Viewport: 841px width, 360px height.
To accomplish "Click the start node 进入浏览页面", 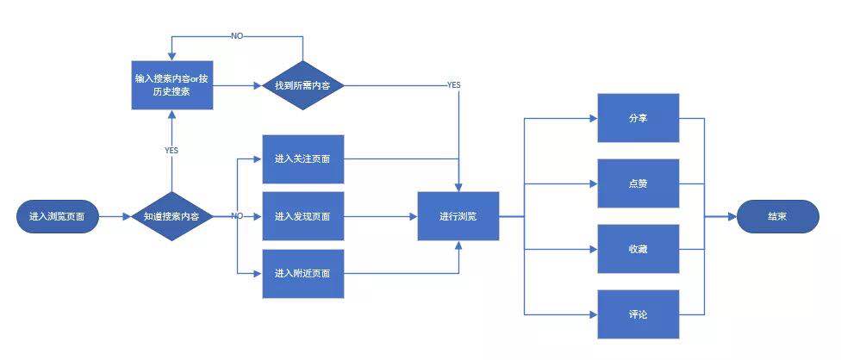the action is pos(57,216).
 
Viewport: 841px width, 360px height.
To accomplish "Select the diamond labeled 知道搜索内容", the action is pos(171,216).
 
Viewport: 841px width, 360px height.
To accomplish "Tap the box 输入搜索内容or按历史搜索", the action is pos(172,85).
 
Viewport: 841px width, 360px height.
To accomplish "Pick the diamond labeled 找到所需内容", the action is pos(303,85).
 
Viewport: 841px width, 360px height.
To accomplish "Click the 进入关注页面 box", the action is pos(303,159).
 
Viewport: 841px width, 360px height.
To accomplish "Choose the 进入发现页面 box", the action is pos(303,216).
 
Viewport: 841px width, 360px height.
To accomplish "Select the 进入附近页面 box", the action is pos(303,273).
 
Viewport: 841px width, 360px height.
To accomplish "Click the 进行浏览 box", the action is pos(458,216).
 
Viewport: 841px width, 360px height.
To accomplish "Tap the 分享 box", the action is pos(639,118).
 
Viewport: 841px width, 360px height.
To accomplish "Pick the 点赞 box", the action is pos(639,183).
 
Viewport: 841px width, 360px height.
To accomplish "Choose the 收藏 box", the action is pos(639,249).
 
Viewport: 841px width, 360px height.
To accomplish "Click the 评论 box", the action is pos(639,314).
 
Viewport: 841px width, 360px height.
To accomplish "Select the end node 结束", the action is pos(778,216).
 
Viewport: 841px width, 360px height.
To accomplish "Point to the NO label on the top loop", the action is pos(237,36).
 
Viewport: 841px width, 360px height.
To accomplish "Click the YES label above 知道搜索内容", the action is pos(171,151).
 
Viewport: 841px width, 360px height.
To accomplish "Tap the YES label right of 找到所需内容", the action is pos(454,85).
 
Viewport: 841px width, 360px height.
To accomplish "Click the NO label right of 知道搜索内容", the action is pos(237,216).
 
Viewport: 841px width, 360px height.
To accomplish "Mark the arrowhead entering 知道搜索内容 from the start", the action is pos(128,216).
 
